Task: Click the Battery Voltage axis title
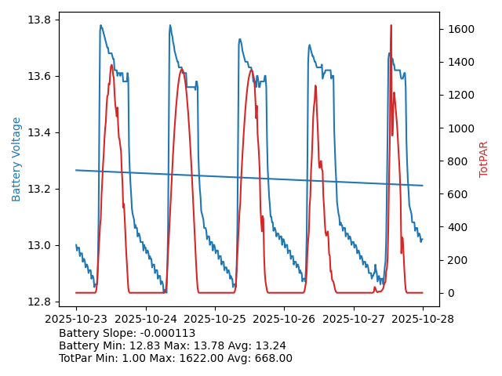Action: coord(16,159)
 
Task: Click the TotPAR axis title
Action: coord(484,159)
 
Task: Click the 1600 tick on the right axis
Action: coord(461,29)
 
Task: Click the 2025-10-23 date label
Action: coord(76,319)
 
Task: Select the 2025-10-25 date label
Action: coord(215,319)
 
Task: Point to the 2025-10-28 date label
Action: coord(423,319)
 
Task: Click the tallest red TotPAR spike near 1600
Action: coord(391,26)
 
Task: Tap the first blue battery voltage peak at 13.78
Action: coord(100,26)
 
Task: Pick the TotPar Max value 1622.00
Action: coord(204,359)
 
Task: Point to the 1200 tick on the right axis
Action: coord(461,96)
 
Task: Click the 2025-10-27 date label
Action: coord(354,319)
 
